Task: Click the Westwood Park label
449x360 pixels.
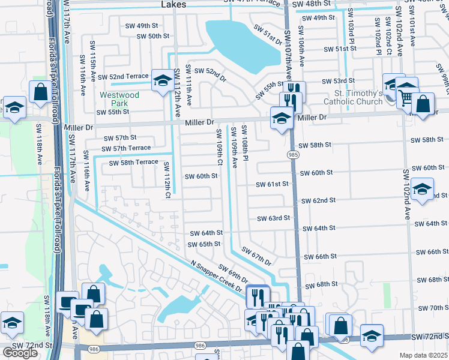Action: (119, 99)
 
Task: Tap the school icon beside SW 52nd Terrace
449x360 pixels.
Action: (162, 81)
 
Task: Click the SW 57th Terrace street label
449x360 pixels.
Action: (126, 148)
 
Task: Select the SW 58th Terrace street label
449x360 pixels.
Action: (133, 163)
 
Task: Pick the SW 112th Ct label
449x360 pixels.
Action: (167, 181)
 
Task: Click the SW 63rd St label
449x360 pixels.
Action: (273, 218)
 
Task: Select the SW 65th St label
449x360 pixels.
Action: (204, 244)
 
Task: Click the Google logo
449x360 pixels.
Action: (20, 353)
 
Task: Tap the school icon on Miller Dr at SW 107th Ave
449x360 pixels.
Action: (282, 117)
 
